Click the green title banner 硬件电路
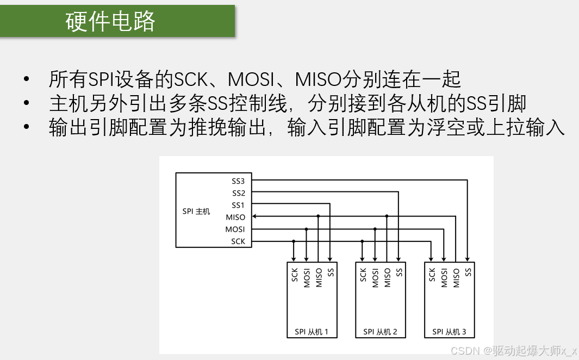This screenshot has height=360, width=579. pyautogui.click(x=117, y=21)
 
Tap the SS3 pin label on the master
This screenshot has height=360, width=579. pyautogui.click(x=238, y=181)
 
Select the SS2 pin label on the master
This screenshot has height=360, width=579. pyautogui.click(x=238, y=193)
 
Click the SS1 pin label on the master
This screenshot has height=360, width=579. pyautogui.click(x=238, y=205)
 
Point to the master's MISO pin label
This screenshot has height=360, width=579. pyautogui.click(x=235, y=217)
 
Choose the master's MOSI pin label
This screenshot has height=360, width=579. pyautogui.click(x=235, y=229)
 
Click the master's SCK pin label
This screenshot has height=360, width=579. pyautogui.click(x=238, y=241)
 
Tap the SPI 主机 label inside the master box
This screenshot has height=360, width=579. pyautogui.click(x=196, y=211)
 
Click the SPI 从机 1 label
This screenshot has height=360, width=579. pyautogui.click(x=311, y=332)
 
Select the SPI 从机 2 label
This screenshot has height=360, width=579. pyautogui.click(x=380, y=332)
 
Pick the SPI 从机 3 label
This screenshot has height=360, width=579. pyautogui.click(x=449, y=332)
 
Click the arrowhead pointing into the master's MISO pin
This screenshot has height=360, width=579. pyautogui.click(x=255, y=216)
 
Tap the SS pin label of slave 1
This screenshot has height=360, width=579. pyautogui.click(x=331, y=272)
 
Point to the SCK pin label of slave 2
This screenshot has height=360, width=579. pyautogui.click(x=363, y=275)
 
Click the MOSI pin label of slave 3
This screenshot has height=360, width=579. pyautogui.click(x=444, y=277)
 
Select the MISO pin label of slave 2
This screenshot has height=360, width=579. pyautogui.click(x=387, y=277)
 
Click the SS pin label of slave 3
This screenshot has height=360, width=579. pyautogui.click(x=468, y=272)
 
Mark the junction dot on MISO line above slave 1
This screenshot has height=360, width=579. pyautogui.click(x=319, y=216)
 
